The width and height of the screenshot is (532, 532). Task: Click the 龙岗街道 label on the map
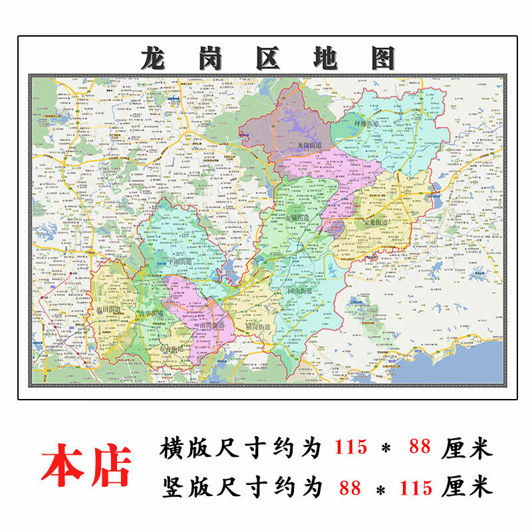309,145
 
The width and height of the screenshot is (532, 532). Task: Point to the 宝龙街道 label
376,222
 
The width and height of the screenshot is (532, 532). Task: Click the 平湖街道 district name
166,262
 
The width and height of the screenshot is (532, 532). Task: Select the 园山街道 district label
297,291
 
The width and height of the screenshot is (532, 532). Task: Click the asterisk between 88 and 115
382,490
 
